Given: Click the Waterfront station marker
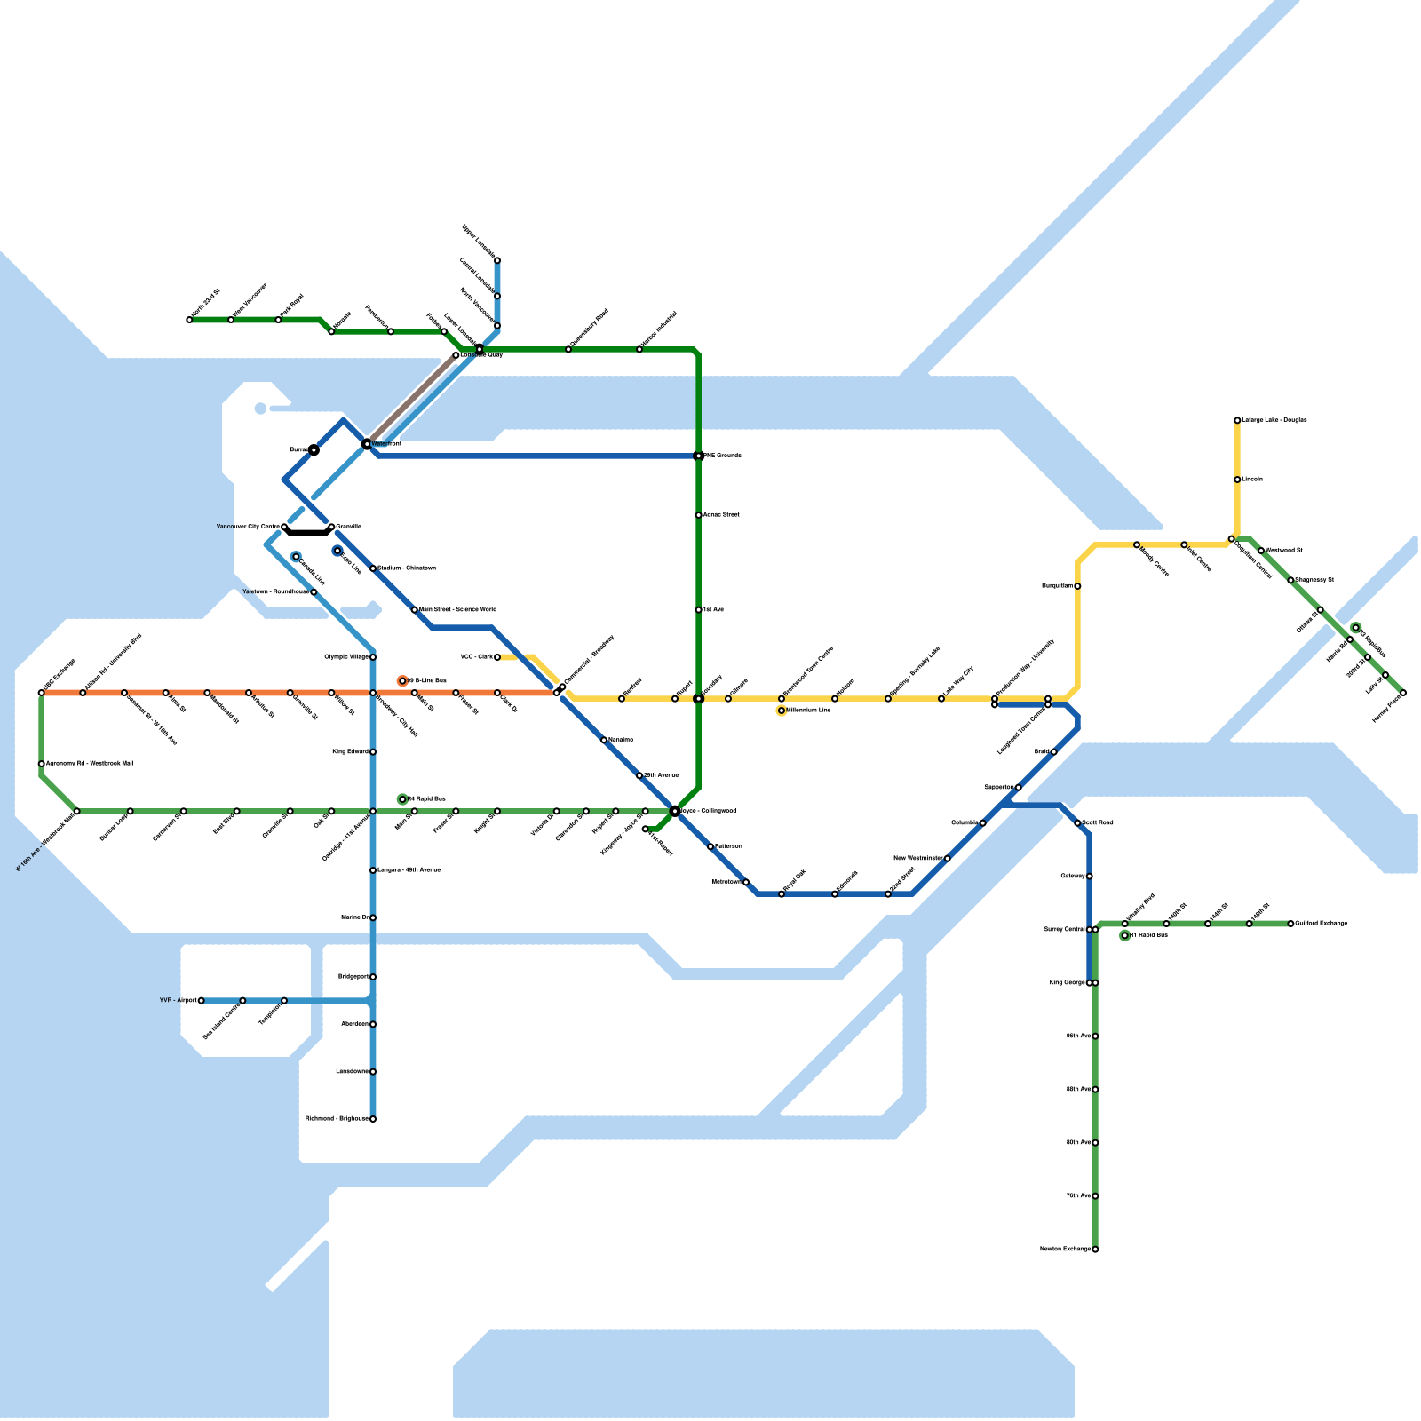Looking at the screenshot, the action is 367,443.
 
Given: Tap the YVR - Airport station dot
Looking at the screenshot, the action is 202,1000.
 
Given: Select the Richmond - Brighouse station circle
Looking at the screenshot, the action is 373,1119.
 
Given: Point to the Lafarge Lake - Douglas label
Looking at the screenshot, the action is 1274,420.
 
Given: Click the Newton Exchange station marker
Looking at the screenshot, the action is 1095,1250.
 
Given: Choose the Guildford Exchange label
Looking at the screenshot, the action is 1322,924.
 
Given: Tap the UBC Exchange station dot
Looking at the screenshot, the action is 42,693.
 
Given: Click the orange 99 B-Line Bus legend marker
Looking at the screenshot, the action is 402,681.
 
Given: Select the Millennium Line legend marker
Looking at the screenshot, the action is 782,710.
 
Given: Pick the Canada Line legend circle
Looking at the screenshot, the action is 296,557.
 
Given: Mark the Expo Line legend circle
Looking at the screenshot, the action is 337,552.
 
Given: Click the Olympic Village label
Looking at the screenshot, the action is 346,657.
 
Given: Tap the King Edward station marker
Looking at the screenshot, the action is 373,752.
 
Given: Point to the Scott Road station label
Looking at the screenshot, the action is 1099,823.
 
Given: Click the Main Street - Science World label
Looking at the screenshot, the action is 457,610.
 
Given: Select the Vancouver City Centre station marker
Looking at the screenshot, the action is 285,528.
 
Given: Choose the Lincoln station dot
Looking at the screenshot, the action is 1237,480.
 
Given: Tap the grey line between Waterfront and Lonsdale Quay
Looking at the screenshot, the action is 411,399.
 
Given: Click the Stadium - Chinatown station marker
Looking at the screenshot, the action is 373,568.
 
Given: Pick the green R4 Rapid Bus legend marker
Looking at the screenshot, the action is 402,799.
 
